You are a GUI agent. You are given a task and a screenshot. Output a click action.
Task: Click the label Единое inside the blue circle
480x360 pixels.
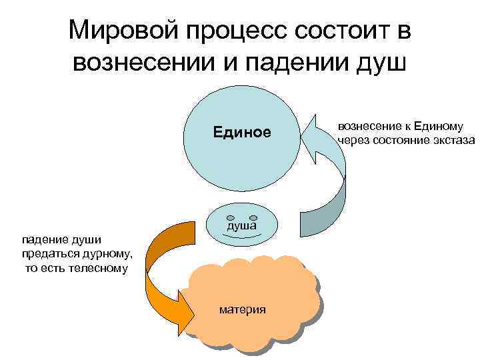[242, 131]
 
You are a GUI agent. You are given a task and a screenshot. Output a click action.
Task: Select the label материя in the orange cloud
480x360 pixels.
[242, 309]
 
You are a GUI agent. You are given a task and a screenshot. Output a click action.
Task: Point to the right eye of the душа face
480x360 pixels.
[253, 217]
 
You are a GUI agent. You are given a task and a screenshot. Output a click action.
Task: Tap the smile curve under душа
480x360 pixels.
[241, 237]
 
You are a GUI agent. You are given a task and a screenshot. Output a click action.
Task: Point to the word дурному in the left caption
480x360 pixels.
[107, 254]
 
